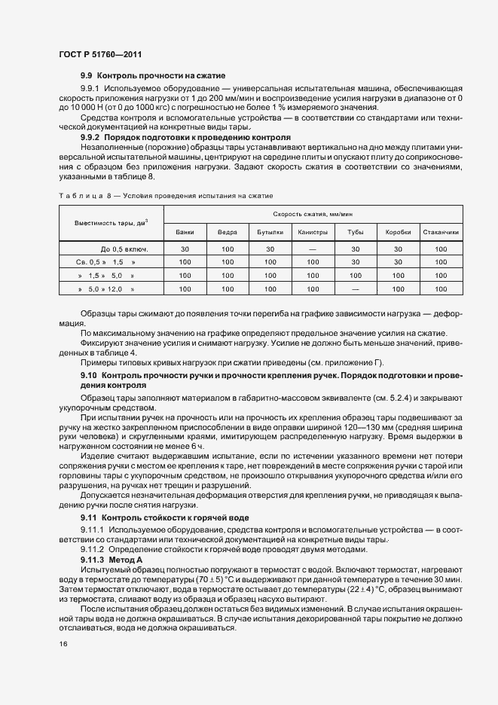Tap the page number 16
tap(63, 644)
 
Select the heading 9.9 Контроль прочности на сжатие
tap(153, 76)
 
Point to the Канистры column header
tap(313, 233)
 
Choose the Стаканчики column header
tap(441, 233)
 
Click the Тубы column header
tap(355, 233)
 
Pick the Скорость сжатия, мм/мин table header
tap(313, 214)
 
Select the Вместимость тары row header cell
tap(111, 223)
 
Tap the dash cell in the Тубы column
tap(355, 288)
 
